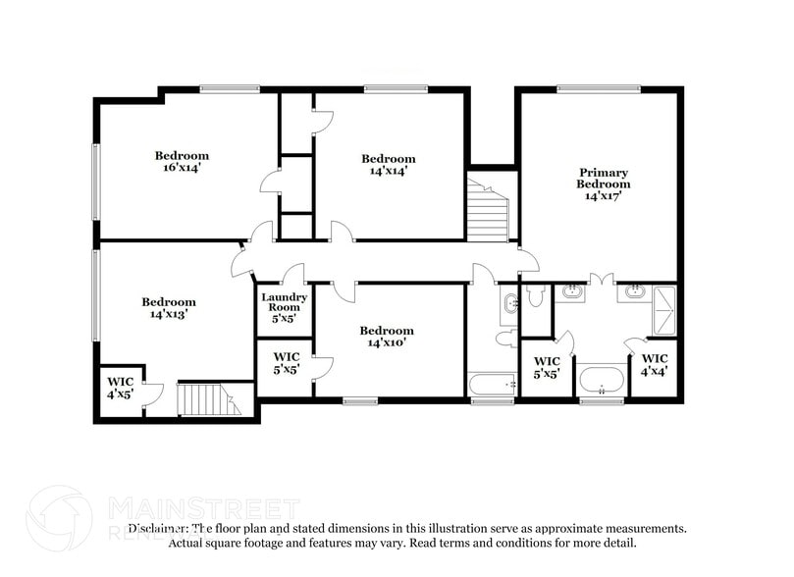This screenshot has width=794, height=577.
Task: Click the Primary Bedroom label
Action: point(603,179)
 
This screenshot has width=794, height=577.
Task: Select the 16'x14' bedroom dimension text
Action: point(182,169)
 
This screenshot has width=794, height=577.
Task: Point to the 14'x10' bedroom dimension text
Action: point(387,343)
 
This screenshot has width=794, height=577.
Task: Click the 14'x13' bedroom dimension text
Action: point(168,315)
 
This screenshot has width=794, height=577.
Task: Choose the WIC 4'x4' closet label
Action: point(654,365)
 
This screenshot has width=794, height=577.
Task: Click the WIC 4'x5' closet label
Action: point(120,387)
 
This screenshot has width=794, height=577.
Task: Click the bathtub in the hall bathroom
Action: point(492,384)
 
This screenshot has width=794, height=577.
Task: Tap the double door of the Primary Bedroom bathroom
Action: point(601,280)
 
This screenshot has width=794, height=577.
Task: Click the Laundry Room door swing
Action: point(292,275)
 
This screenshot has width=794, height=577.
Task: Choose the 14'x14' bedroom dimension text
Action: point(388,172)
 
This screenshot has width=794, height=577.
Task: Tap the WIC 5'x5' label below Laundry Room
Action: point(286,363)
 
